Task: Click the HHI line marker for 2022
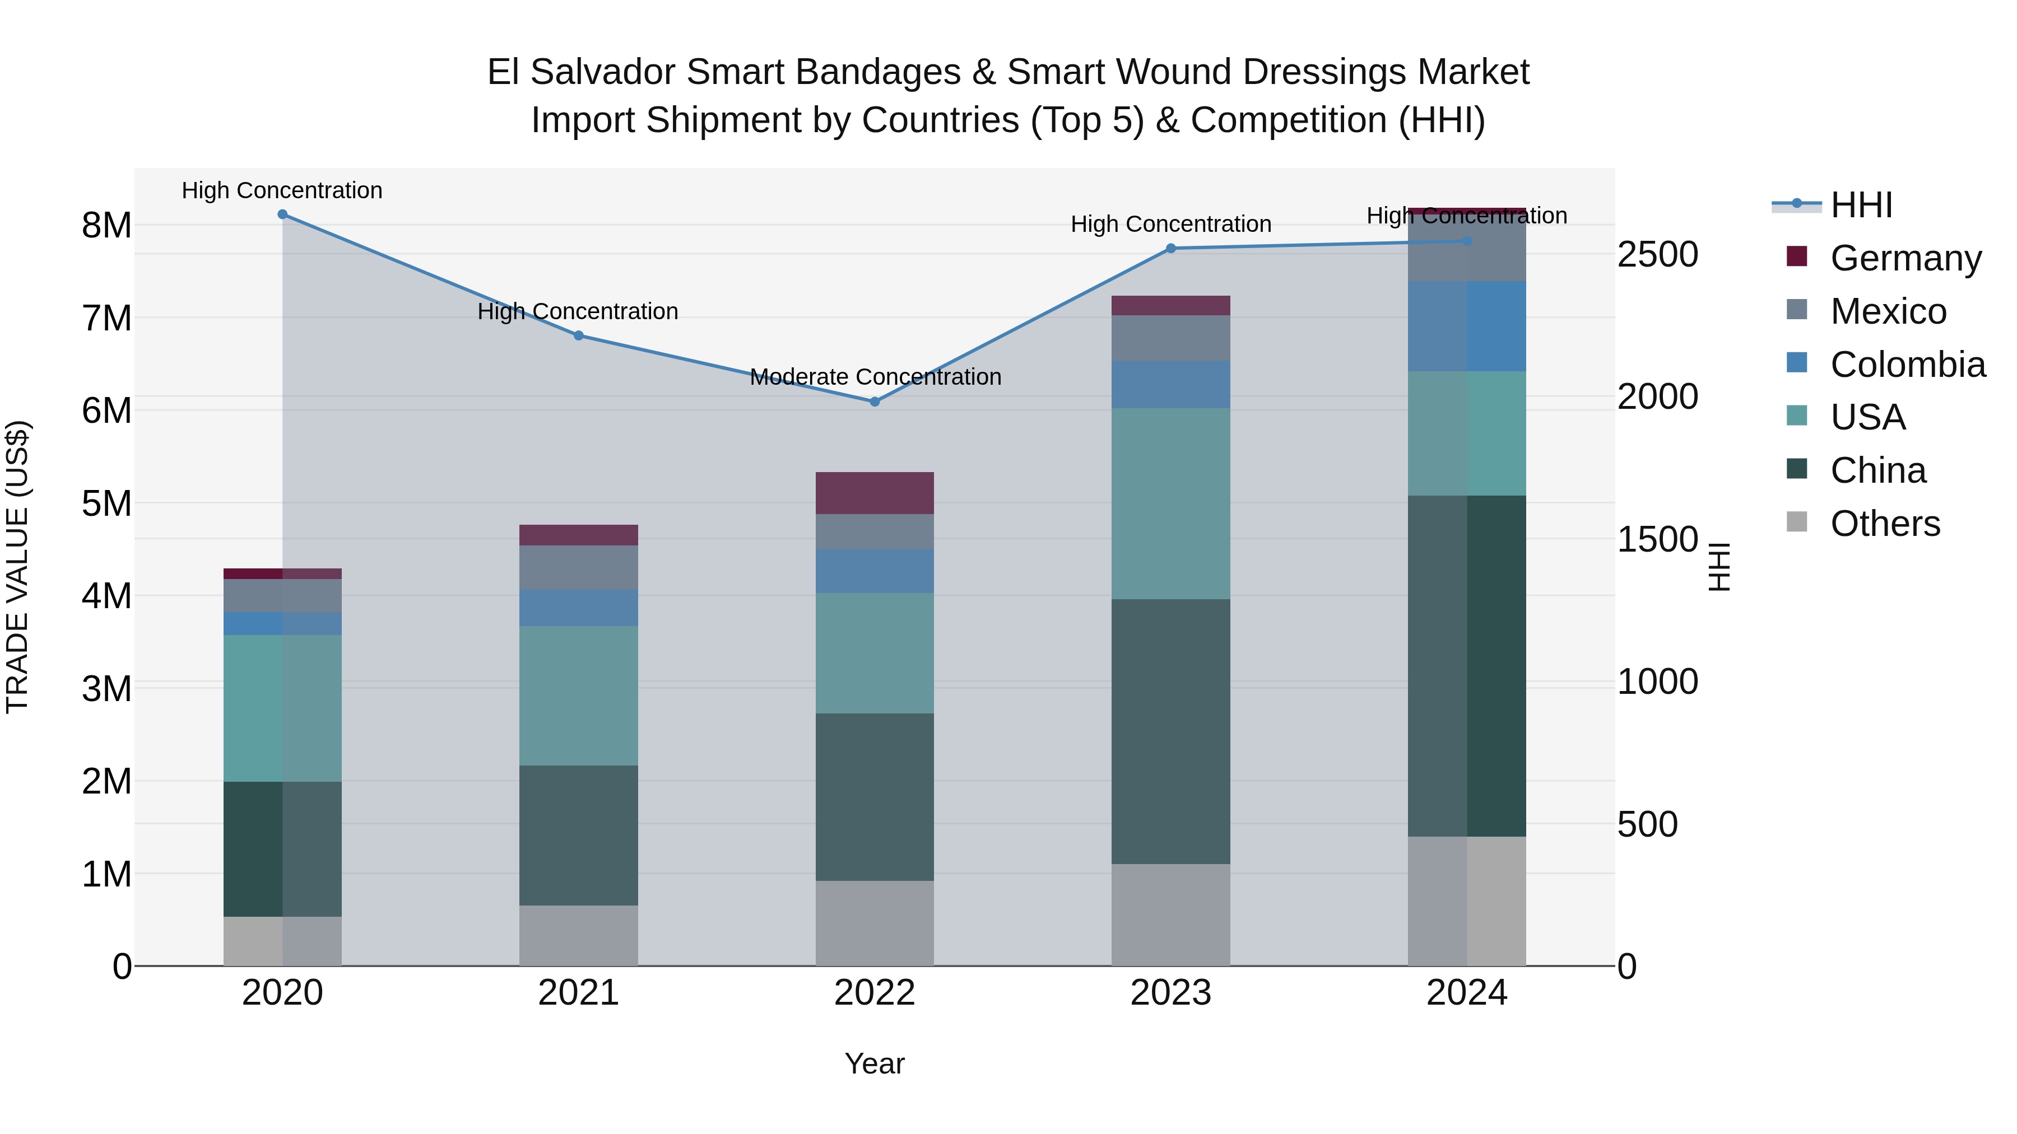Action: click(875, 402)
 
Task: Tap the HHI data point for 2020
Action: click(283, 214)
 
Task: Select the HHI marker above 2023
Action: click(1170, 248)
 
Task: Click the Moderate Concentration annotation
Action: click(875, 377)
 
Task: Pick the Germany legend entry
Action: click(1905, 258)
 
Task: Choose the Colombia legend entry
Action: click(1907, 365)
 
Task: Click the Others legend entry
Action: click(1885, 524)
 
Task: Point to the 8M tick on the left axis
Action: click(106, 225)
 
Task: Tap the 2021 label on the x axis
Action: click(578, 993)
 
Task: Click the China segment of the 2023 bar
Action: click(1170, 732)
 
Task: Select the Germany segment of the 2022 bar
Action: click(875, 493)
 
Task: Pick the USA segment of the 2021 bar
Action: click(578, 695)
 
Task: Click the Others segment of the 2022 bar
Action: click(875, 923)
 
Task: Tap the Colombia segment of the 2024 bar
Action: click(1467, 326)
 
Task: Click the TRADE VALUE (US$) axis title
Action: click(17, 567)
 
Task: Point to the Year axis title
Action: click(875, 1065)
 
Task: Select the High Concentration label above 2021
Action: click(578, 311)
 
